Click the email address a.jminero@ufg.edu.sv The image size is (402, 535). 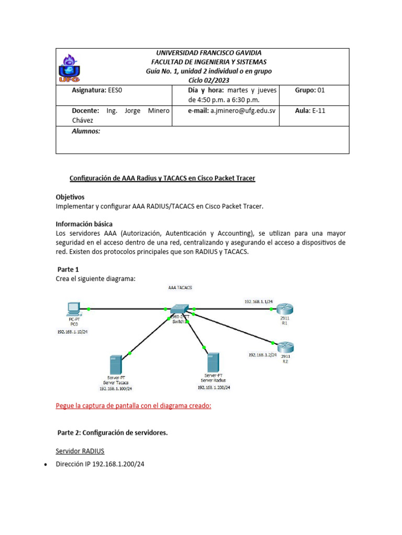pos(242,111)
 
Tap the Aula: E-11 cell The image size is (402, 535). pos(310,111)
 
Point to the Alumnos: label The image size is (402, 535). pos(85,132)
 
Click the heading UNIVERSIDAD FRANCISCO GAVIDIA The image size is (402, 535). pos(209,53)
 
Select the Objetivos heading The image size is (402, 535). pos(70,197)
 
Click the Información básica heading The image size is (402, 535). pos(84,224)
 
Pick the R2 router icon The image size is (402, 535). pos(285,345)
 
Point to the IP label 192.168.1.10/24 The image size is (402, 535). pos(72,332)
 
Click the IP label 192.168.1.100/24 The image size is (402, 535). pos(116,389)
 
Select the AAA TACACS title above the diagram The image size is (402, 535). pos(180,288)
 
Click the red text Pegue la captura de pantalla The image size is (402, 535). pos(133,406)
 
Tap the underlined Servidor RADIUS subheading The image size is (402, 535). pos(82,450)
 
